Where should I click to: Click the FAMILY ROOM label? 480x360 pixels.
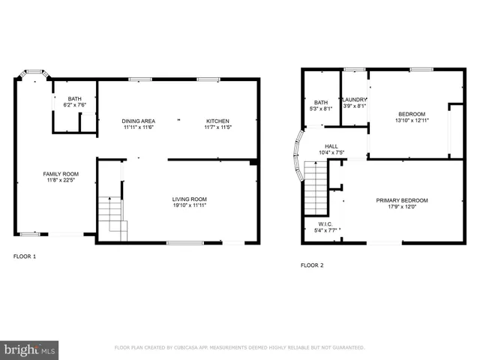click(60, 174)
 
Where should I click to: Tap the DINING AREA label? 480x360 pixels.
click(138, 121)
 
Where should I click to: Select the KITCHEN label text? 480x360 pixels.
click(217, 121)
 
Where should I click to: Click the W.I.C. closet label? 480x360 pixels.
click(324, 223)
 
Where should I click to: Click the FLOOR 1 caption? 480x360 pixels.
click(25, 256)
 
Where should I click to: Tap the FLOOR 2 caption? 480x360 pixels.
click(312, 265)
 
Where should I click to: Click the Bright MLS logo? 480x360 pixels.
click(29, 349)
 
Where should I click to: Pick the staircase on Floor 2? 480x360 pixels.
click(316, 187)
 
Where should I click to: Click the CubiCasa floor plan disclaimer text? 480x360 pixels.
click(239, 348)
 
